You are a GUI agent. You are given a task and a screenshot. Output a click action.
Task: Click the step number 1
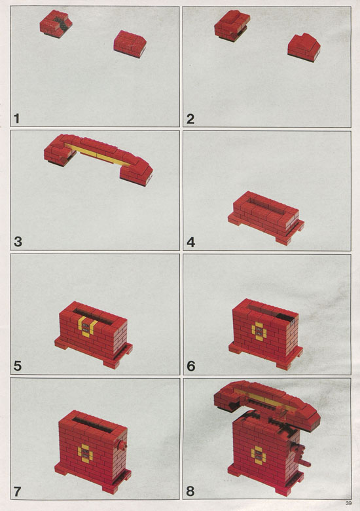(x=16, y=119)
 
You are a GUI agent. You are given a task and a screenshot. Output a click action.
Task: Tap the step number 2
(x=190, y=119)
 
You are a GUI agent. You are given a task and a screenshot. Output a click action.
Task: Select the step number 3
(x=18, y=242)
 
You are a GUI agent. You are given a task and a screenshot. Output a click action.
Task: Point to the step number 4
(x=190, y=242)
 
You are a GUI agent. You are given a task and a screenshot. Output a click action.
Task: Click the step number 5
(x=18, y=366)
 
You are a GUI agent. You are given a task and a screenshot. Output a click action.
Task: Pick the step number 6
(x=190, y=366)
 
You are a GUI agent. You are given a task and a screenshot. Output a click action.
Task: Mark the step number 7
(x=17, y=491)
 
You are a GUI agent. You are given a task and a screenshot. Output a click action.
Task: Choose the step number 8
(x=190, y=491)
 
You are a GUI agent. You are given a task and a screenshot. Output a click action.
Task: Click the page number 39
(x=348, y=503)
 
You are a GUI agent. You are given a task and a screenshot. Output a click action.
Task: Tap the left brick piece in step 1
(x=56, y=24)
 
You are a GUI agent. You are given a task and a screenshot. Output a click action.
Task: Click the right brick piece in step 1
(x=130, y=44)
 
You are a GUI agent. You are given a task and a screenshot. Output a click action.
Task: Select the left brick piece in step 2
(x=232, y=25)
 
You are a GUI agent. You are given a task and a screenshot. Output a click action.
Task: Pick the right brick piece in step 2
(x=304, y=47)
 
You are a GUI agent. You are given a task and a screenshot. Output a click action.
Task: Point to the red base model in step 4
(x=266, y=218)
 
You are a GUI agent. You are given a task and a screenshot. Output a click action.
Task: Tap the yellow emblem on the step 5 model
(x=87, y=326)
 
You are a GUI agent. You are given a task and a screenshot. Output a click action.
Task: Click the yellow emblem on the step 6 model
(x=259, y=331)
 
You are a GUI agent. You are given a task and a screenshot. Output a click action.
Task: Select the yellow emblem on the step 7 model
(x=85, y=453)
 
